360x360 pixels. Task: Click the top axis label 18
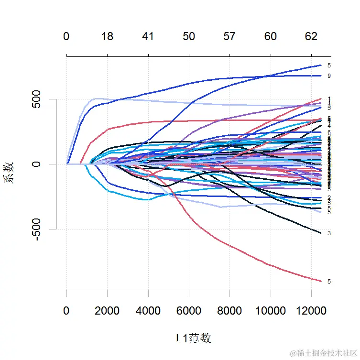[108, 37]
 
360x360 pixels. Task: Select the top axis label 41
[148, 37]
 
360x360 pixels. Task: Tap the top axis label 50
[189, 37]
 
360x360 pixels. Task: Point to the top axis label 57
[230, 37]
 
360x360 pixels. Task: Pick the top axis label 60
[271, 37]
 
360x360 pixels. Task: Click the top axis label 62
[311, 37]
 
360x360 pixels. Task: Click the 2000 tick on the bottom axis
[108, 311]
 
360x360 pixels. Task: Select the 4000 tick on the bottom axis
[148, 311]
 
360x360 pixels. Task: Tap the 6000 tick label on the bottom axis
[189, 311]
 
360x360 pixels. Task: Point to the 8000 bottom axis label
[230, 311]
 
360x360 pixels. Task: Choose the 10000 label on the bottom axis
[271, 311]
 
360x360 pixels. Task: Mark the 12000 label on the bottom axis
[311, 311]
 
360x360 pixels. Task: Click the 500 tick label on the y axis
[41, 99]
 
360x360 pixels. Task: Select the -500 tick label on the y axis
[41, 229]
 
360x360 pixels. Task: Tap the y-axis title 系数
[10, 173]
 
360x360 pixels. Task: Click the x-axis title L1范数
[193, 338]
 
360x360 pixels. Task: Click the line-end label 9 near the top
[329, 76]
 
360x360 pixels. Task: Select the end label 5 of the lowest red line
[329, 282]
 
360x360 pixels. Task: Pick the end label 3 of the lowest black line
[329, 233]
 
